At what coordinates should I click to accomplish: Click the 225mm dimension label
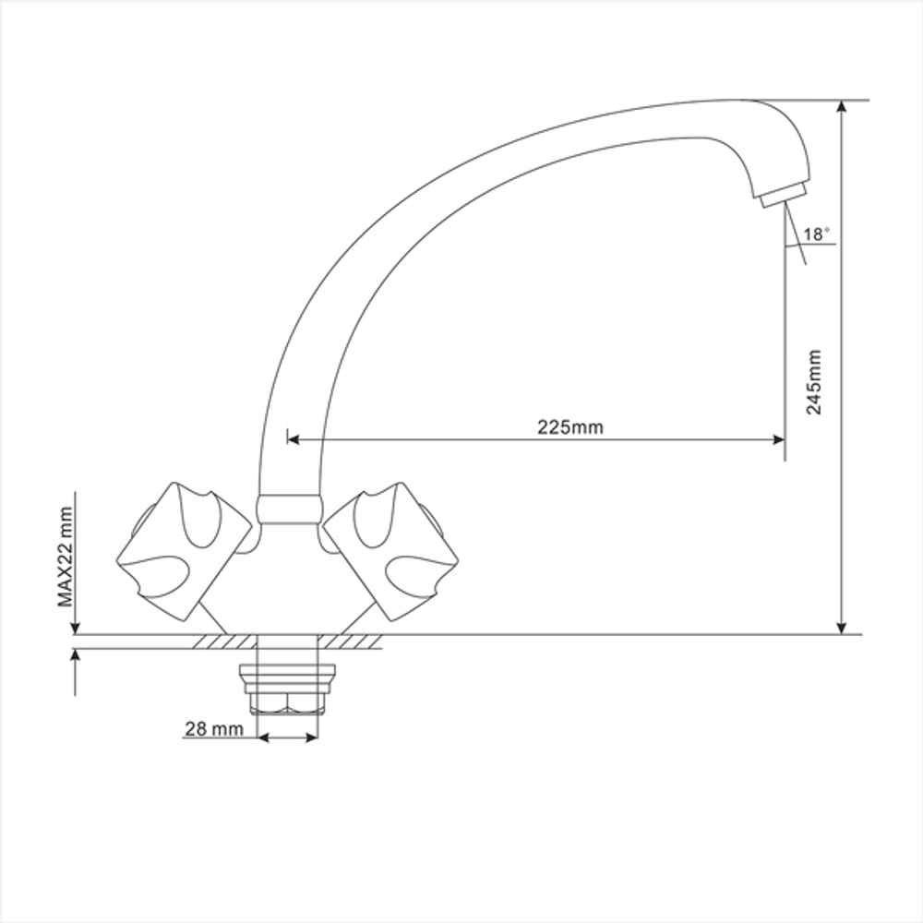pos(569,426)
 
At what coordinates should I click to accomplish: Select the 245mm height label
pos(814,382)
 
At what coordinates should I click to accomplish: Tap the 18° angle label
pos(817,234)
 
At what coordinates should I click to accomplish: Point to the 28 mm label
pos(214,729)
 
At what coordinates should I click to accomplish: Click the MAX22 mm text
pos(66,557)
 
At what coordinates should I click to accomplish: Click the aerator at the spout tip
pos(784,194)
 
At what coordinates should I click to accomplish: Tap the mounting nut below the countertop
pos(287,689)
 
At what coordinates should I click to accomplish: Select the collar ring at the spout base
pos(289,509)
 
